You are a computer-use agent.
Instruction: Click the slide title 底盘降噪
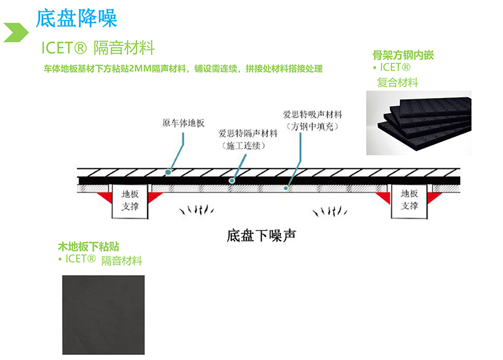(77, 17)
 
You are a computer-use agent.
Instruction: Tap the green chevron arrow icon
(17, 32)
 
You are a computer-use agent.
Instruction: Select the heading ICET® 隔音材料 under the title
(97, 48)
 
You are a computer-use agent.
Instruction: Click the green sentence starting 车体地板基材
(183, 68)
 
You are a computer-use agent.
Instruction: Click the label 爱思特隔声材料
(247, 133)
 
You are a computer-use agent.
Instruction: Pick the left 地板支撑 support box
(130, 200)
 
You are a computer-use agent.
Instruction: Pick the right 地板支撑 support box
(409, 200)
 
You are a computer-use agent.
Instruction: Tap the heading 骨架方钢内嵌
(403, 55)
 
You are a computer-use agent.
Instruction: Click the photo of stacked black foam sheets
(419, 121)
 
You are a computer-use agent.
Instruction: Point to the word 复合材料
(397, 82)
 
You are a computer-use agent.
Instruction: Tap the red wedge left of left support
(105, 195)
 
